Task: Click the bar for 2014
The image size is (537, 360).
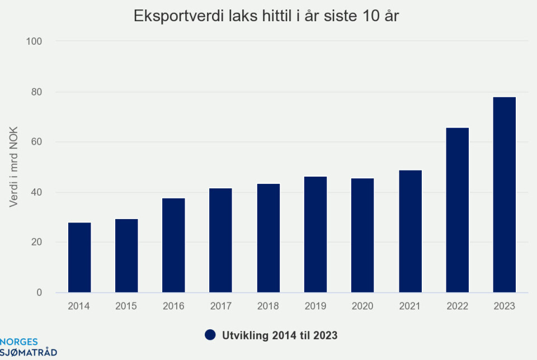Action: click(79, 257)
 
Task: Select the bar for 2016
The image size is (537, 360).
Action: click(173, 245)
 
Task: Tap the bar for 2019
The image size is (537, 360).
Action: click(315, 234)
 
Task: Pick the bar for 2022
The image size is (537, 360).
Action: click(458, 210)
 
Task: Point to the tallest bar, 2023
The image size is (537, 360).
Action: click(505, 195)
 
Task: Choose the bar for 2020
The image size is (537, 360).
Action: click(362, 235)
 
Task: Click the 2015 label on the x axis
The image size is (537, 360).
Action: click(126, 306)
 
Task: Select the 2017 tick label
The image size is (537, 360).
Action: click(220, 306)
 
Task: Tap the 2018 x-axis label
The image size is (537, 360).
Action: click(268, 306)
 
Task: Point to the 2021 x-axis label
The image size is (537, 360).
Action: click(410, 306)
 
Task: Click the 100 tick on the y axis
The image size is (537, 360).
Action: click(34, 41)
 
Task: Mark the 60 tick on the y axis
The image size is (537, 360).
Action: click(36, 142)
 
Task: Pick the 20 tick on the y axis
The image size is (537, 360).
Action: click(36, 243)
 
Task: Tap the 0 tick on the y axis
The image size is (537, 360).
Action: click(39, 293)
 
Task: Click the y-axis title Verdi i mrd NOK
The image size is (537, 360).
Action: click(14, 167)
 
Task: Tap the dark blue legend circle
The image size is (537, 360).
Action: click(210, 335)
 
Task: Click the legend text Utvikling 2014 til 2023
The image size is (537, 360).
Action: click(279, 335)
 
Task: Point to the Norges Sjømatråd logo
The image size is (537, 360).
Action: click(28, 348)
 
